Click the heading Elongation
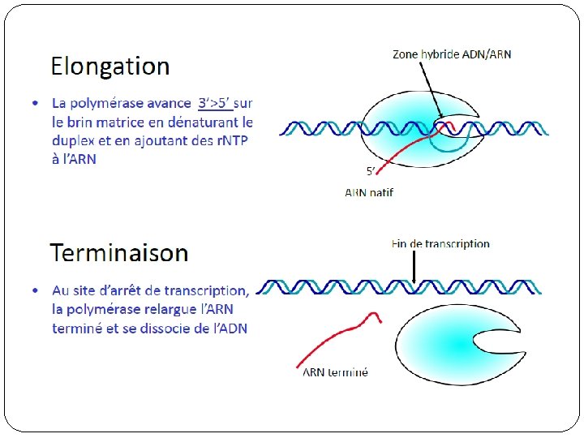[110, 66]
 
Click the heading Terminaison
[119, 252]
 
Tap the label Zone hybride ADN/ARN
[452, 54]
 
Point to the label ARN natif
[369, 192]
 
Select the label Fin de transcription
[440, 243]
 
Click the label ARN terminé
[335, 372]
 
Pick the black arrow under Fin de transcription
[414, 267]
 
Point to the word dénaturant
[195, 122]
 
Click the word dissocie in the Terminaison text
[170, 328]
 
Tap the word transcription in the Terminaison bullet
[205, 290]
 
